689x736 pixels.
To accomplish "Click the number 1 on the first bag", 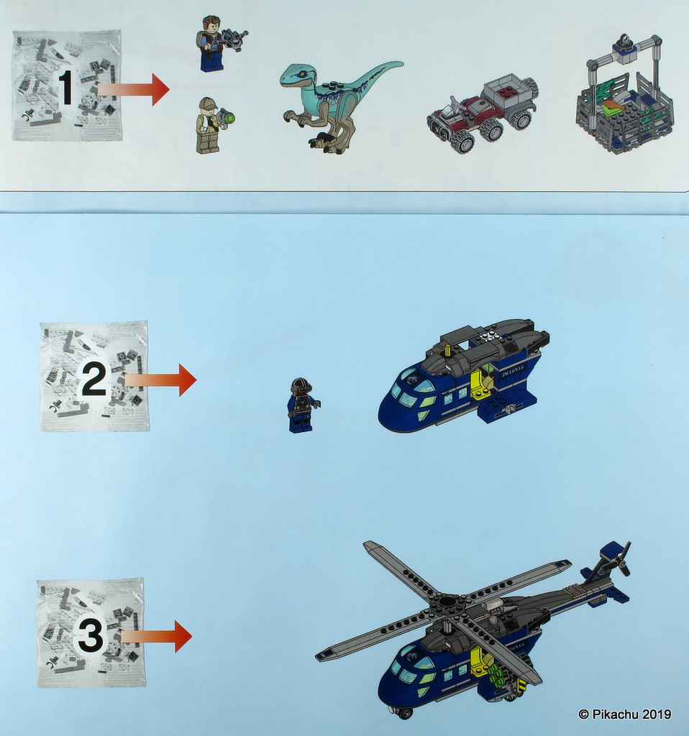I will click(65, 88).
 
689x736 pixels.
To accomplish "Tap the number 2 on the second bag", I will click(93, 381).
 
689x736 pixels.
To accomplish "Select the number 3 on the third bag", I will click(91, 636).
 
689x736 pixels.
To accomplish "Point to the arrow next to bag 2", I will click(161, 379).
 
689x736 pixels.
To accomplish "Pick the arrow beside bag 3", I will click(158, 636).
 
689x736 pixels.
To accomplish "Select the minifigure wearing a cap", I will click(207, 126).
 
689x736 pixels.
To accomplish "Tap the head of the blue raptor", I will click(296, 74).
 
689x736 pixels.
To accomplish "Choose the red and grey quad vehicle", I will click(482, 111).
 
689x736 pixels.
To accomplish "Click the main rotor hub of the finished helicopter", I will click(448, 602).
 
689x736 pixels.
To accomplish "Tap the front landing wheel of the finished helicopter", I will click(405, 712).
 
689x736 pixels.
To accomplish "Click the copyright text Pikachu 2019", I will click(624, 714).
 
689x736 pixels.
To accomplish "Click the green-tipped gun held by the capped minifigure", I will click(227, 116).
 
